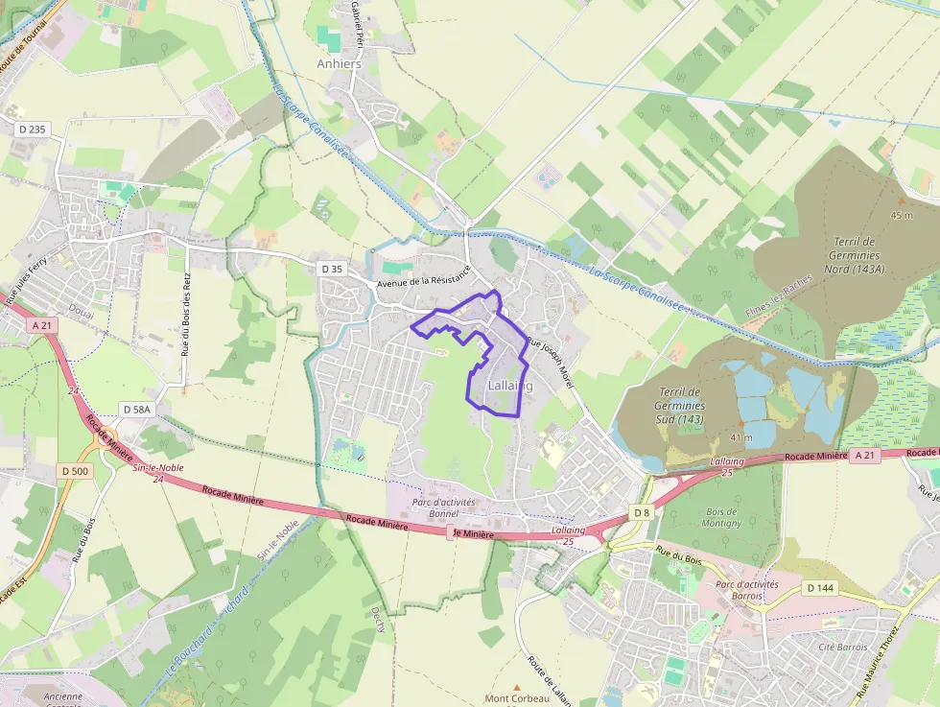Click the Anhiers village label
point(340,64)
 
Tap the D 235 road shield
point(32,129)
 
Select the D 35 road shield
point(331,269)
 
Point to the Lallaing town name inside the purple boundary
point(509,385)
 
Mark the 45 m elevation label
point(901,215)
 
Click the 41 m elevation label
point(740,437)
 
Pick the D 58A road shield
point(137,410)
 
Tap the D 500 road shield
point(74,470)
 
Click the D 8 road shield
point(642,512)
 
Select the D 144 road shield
point(820,587)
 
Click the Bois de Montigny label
point(720,517)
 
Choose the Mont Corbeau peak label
point(516,697)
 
